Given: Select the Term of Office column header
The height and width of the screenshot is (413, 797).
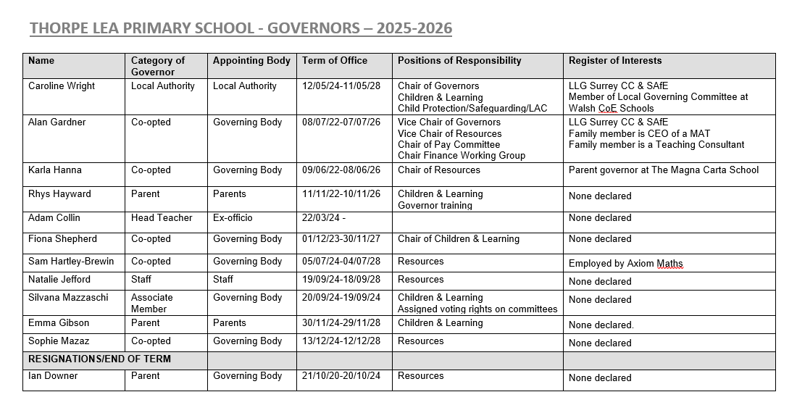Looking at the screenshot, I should [x=334, y=61].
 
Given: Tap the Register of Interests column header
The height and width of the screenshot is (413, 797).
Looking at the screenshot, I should [x=615, y=61].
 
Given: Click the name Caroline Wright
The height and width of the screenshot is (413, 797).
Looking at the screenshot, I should [x=62, y=86].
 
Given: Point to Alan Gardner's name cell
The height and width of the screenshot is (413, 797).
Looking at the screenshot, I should [x=57, y=122].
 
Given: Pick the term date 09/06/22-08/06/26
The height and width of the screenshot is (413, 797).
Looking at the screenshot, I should [x=341, y=170].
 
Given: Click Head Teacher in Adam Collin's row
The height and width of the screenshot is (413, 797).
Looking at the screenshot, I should [x=157, y=218].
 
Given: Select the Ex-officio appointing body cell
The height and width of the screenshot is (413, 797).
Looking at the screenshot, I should [x=233, y=218].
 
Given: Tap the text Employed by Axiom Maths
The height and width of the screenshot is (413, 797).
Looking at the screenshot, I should [x=625, y=264].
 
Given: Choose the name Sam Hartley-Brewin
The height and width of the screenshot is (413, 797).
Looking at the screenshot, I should [x=71, y=262].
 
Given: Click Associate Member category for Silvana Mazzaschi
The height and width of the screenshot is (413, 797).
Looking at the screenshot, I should [x=152, y=303].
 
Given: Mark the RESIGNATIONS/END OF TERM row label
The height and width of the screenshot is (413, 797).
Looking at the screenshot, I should [x=99, y=359].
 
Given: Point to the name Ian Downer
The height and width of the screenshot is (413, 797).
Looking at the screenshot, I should [x=53, y=376].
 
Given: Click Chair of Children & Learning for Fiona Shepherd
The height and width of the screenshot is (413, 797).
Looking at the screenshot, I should [x=458, y=239].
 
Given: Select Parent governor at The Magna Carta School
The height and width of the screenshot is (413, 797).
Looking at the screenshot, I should [x=664, y=170].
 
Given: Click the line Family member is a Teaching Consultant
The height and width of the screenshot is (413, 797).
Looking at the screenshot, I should [x=656, y=144].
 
